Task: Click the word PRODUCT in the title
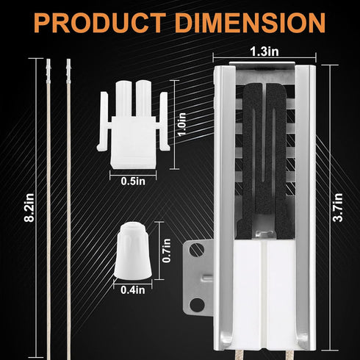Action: pos(100,23)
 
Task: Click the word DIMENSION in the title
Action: pos(250,23)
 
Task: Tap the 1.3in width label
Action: pos(264,51)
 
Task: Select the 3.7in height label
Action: pos(338,207)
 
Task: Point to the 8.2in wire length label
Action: pos(29,208)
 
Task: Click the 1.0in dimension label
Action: pos(182,124)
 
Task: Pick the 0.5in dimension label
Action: pos(133,181)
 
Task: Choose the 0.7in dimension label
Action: pos(167,251)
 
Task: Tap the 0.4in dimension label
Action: pos(133,290)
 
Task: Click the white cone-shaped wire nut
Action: pos(133,251)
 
